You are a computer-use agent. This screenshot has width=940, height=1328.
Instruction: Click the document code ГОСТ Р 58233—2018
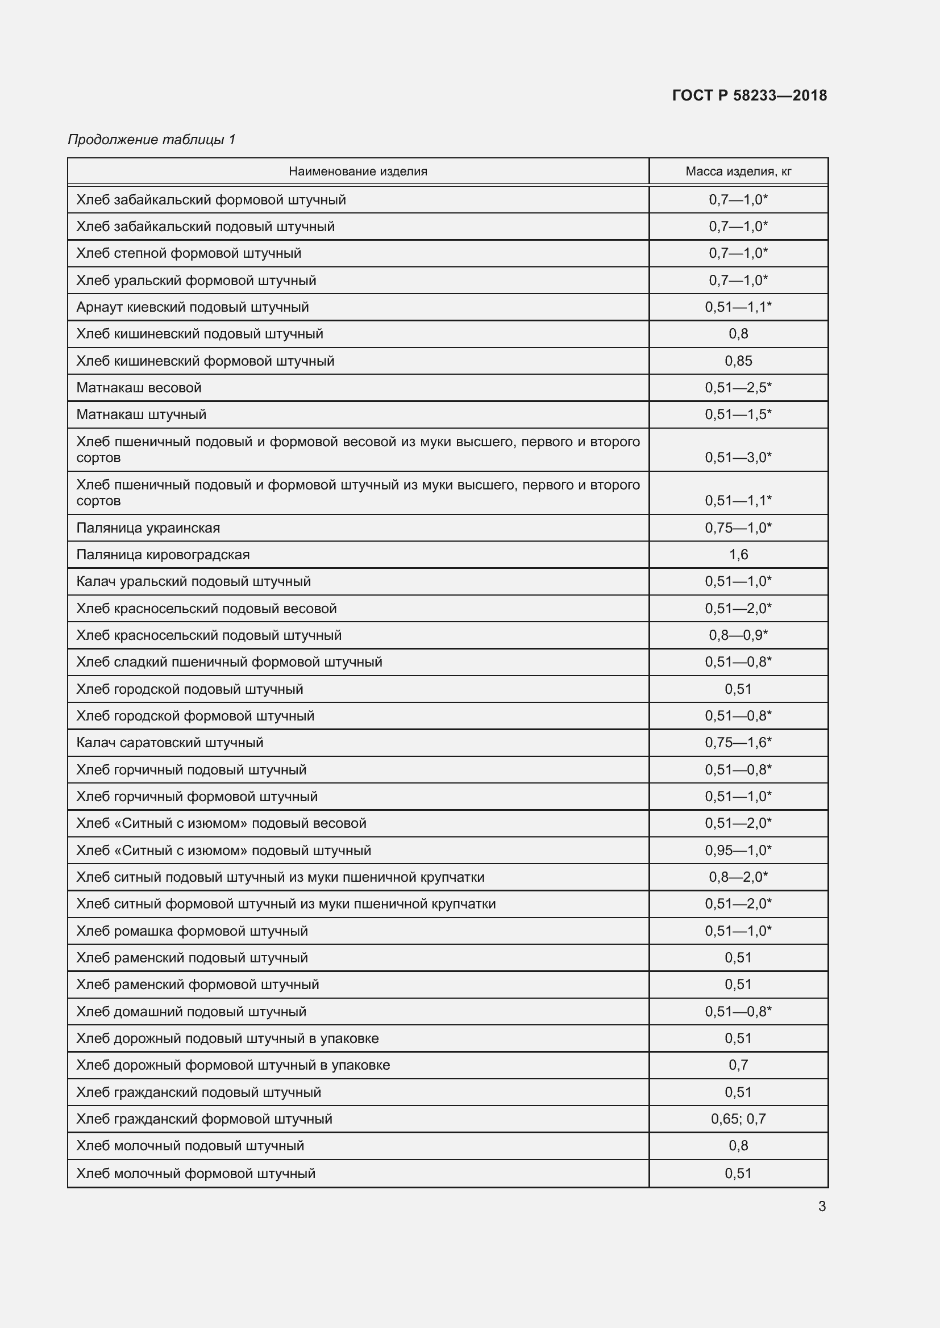[x=750, y=95]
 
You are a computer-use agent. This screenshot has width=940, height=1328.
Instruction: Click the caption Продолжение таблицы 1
[x=152, y=140]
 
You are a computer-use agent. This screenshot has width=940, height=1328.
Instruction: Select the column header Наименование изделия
[x=357, y=171]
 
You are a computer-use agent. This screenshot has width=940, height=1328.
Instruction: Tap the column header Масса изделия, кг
[x=738, y=171]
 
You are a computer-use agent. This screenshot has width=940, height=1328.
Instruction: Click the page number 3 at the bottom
[x=822, y=1206]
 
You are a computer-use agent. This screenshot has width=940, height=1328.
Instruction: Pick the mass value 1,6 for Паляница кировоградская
[x=738, y=555]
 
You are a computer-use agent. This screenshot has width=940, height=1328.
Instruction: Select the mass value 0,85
[x=738, y=361]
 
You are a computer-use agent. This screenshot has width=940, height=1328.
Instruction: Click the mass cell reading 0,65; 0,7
[x=738, y=1118]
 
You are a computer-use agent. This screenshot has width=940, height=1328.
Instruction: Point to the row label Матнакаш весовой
[x=139, y=388]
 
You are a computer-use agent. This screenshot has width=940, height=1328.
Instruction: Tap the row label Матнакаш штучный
[x=142, y=414]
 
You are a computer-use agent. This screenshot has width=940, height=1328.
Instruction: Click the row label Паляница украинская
[x=148, y=527]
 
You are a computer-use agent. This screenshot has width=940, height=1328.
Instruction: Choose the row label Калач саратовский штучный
[x=169, y=742]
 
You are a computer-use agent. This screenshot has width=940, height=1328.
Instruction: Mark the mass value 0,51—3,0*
[x=738, y=458]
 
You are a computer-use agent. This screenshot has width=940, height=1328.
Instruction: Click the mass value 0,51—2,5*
[x=738, y=388]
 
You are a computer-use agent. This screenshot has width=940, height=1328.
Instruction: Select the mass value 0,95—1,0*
[x=738, y=851]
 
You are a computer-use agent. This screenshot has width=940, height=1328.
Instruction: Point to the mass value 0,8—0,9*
[x=738, y=635]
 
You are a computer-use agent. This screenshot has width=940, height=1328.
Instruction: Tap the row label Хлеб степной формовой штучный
[x=189, y=253]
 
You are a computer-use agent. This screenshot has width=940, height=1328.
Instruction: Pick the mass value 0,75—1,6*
[x=738, y=742]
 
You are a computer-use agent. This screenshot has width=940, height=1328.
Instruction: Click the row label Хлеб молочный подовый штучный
[x=190, y=1145]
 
